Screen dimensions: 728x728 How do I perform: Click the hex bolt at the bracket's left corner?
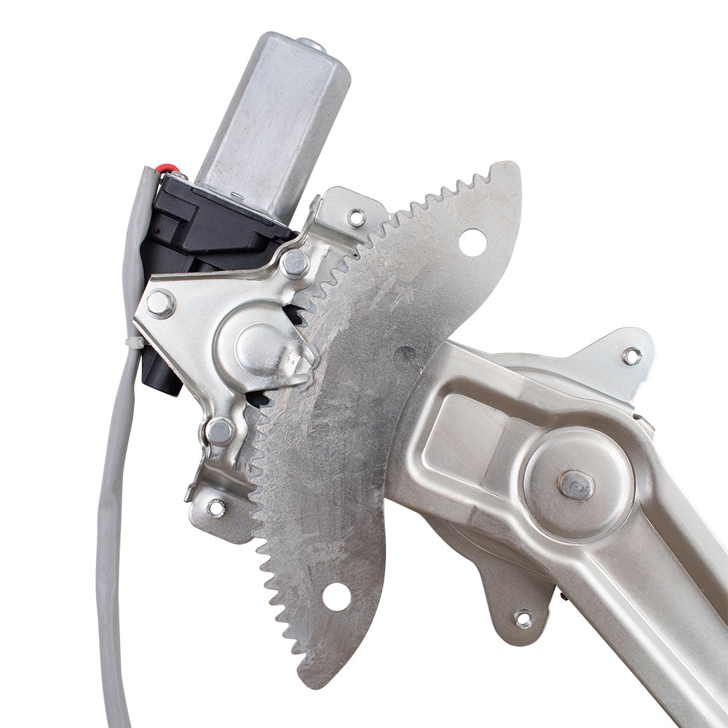tap(159, 303)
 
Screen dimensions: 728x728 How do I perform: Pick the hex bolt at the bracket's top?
tap(294, 264)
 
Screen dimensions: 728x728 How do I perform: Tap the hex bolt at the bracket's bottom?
tap(220, 431)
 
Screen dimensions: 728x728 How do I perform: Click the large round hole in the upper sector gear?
tap(472, 242)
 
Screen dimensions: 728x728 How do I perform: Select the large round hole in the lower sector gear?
tap(336, 596)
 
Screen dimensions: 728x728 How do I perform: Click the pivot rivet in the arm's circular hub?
tap(577, 485)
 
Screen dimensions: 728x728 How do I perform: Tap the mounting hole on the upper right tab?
tap(631, 356)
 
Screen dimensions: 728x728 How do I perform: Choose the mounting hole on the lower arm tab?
tap(523, 618)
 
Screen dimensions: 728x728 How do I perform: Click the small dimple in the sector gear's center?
tap(405, 355)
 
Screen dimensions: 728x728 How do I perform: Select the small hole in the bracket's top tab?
tap(356, 217)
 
